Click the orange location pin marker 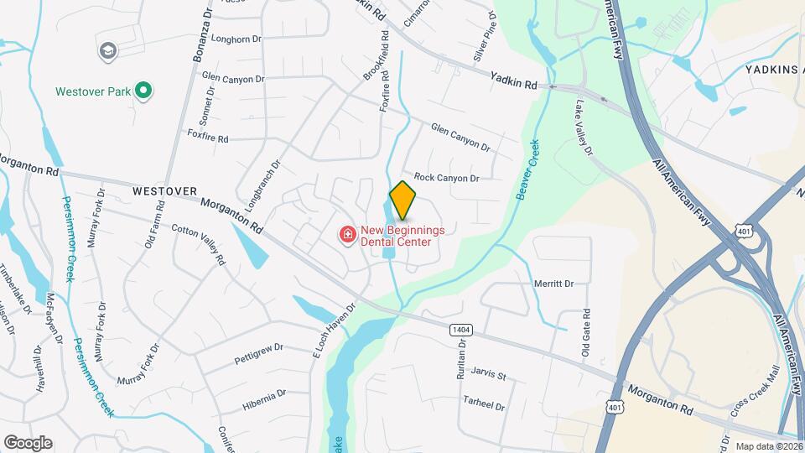coord(402,200)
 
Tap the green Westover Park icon coord(143,91)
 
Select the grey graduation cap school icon coord(107,52)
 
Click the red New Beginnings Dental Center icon coord(346,235)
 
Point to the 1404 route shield coord(460,330)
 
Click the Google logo coord(28,442)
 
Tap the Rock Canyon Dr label coord(446,178)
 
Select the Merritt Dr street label coord(553,284)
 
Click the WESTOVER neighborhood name coord(164,191)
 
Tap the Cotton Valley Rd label coord(199,244)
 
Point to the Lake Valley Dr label coord(584,128)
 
